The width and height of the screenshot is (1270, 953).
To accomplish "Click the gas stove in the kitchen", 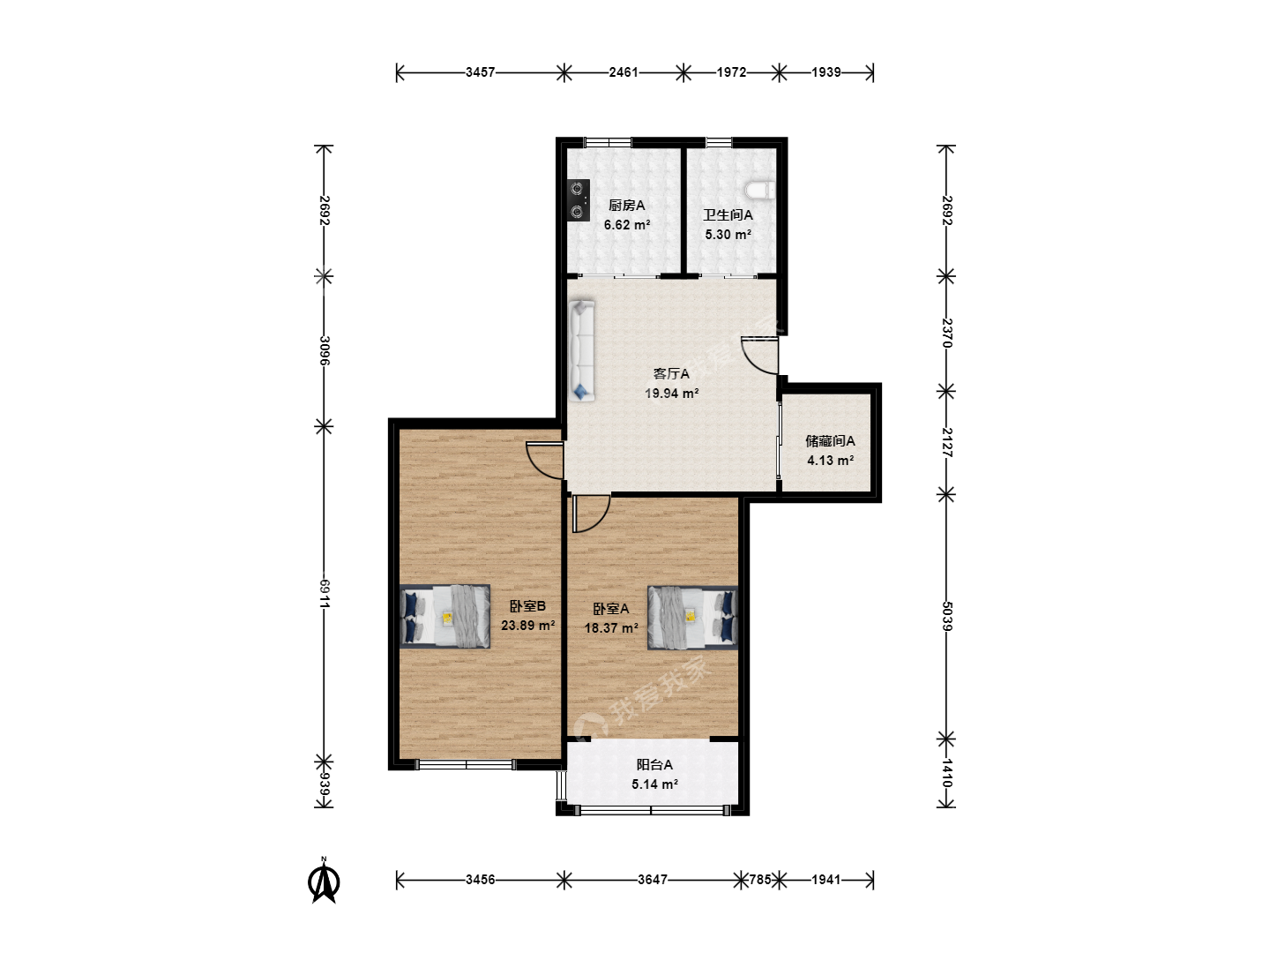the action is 578,200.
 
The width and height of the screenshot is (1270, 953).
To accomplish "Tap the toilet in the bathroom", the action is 759,191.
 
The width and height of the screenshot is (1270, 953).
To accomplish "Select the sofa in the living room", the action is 581,350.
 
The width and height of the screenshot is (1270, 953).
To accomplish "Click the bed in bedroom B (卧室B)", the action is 444,616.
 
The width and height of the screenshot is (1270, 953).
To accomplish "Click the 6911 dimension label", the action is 324,593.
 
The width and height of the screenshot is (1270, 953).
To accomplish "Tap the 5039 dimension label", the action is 946,616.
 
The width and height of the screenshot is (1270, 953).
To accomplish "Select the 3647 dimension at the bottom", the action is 653,880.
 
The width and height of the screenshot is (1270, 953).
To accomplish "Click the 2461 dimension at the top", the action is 624,72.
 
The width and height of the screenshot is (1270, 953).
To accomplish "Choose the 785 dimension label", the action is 759,880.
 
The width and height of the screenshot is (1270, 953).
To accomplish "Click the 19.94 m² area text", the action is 672,394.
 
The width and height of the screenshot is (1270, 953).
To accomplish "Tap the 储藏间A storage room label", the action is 830,441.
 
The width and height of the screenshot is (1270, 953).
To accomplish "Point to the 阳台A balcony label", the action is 654,764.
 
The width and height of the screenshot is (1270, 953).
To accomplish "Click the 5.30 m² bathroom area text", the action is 728,235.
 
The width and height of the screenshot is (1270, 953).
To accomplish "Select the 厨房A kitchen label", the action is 626,205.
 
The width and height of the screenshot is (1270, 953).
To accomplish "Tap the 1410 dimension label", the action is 946,772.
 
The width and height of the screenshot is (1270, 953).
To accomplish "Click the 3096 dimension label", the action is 324,350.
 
